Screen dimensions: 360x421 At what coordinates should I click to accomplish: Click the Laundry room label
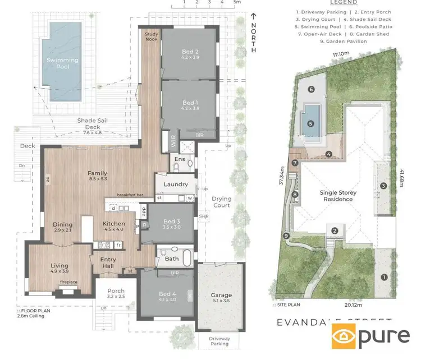(x=175, y=184)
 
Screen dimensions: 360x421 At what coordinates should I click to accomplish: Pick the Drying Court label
(x=221, y=202)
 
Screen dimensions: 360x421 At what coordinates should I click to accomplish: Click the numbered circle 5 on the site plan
(x=309, y=124)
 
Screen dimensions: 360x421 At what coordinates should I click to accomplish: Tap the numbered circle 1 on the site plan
(x=384, y=276)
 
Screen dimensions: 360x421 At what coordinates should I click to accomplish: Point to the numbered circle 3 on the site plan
(x=384, y=186)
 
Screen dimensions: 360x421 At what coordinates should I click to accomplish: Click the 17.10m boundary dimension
(x=340, y=54)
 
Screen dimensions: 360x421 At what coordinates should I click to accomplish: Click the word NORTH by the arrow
(x=254, y=38)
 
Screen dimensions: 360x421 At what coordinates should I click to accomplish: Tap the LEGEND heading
(x=336, y=3)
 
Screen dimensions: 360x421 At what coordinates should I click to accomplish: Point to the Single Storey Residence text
(x=338, y=196)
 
